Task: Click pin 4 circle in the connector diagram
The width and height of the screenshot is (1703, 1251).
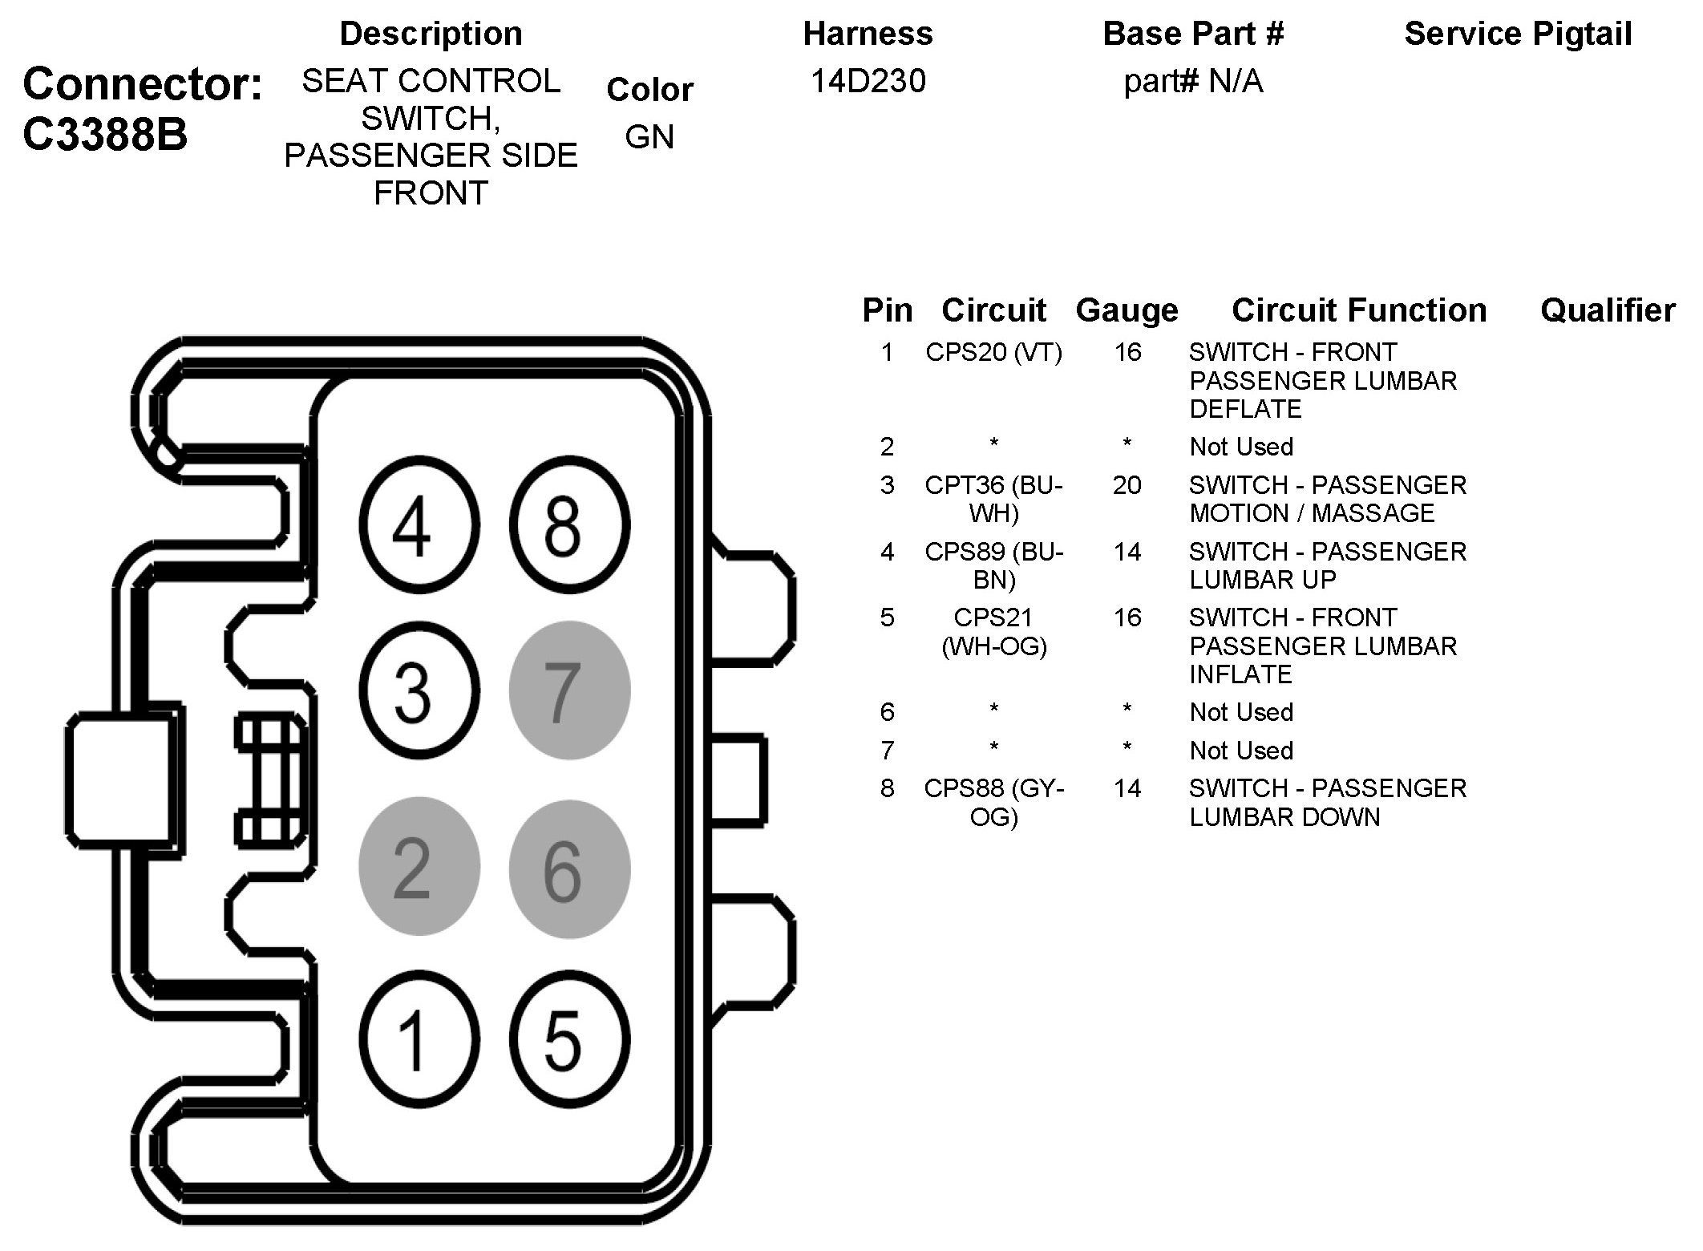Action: click(419, 525)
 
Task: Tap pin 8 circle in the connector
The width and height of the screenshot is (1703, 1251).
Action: click(569, 525)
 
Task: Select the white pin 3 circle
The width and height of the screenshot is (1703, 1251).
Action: click(419, 690)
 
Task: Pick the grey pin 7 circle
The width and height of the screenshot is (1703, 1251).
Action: click(569, 690)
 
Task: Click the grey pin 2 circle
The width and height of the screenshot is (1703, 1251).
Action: click(419, 867)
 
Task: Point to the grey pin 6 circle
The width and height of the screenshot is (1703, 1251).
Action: click(569, 869)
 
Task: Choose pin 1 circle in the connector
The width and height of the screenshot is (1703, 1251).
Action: click(419, 1039)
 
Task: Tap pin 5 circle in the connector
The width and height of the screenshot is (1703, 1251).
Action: click(569, 1039)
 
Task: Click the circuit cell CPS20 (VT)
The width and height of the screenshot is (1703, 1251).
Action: click(993, 352)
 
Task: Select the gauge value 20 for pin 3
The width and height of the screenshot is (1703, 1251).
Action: click(1127, 485)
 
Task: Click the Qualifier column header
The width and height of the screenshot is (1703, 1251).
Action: click(1608, 310)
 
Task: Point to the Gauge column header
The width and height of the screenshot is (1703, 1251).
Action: click(1127, 310)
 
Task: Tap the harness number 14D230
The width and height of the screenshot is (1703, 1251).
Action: click(868, 81)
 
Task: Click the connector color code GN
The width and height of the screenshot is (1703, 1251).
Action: click(649, 137)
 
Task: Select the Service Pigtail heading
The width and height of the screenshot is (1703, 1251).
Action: click(1518, 34)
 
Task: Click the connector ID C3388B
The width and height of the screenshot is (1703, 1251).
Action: click(105, 134)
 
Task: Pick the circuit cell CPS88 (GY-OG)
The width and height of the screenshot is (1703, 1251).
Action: click(993, 802)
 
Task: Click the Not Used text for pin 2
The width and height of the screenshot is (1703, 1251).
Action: click(1241, 447)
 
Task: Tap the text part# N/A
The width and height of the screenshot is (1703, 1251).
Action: click(1193, 81)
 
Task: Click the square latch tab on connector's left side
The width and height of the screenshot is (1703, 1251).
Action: click(120, 780)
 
